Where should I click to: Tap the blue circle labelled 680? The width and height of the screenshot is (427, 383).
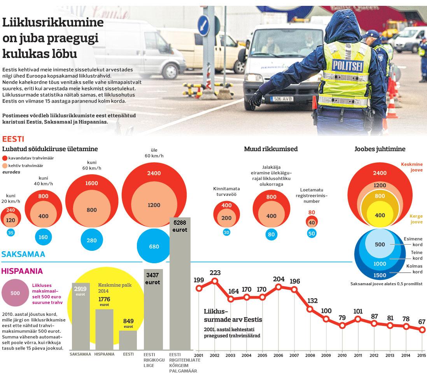point(154,247)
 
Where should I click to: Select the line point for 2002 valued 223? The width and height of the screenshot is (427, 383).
point(214,280)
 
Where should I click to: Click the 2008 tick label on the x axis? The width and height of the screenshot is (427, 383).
point(310,355)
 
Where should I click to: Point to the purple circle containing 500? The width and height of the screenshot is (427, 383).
point(15,293)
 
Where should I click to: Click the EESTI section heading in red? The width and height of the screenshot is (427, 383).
point(14,139)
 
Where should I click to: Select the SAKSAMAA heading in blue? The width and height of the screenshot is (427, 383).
point(23,254)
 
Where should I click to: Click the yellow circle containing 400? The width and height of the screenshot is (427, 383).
point(380,215)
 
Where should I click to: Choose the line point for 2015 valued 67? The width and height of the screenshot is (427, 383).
point(422,330)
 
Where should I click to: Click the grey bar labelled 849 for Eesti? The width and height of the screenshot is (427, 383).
point(128,340)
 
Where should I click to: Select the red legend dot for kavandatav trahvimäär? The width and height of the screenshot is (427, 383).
point(5,158)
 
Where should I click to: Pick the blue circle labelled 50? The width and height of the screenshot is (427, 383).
point(311,233)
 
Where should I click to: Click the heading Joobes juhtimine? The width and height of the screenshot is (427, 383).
point(380,149)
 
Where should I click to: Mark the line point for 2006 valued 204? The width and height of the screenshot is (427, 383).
point(278,287)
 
